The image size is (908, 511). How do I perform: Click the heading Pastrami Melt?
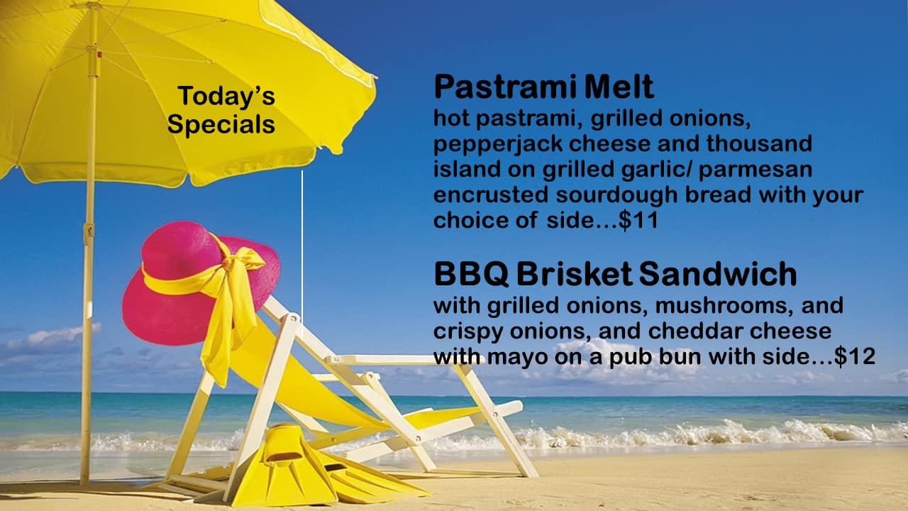[x=543, y=87]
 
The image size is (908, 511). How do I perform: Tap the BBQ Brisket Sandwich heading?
[x=615, y=275]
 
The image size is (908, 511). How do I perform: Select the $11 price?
[x=638, y=221]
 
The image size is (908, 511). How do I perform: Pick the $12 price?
[x=855, y=357]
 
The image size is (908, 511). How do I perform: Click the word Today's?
[x=226, y=97]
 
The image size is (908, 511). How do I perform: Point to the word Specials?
[x=221, y=124]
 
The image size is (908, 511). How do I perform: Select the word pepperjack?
[x=498, y=144]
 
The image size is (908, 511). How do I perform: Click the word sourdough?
[x=616, y=195]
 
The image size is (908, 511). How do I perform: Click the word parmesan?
[x=755, y=170]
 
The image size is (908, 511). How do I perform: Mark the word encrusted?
[x=491, y=195]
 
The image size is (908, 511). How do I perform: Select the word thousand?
[x=759, y=143]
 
